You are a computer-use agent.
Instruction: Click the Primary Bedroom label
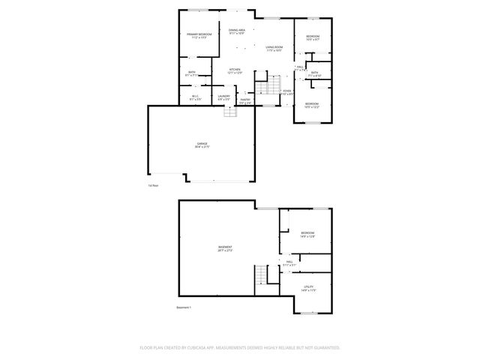pos(199,34)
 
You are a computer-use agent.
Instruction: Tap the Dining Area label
pos(237,31)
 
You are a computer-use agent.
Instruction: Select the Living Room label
pos(273,48)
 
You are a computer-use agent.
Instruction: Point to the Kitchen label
pos(235,70)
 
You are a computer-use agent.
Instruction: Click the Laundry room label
pos(223,97)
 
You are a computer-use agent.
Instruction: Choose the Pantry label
pos(244,100)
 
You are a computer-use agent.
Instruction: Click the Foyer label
pos(286,92)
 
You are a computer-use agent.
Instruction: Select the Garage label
pos(202,145)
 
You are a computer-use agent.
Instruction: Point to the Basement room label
pos(225,249)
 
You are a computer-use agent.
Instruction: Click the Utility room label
pos(308,288)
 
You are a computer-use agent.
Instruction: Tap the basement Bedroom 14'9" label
pos(307,234)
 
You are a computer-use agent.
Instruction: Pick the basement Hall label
pos(289,262)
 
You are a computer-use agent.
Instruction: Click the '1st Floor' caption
pos(153,184)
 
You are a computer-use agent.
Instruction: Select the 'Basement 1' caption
pos(184,307)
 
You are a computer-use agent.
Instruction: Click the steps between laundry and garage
pos(231,112)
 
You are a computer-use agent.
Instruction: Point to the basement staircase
pos(261,275)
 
